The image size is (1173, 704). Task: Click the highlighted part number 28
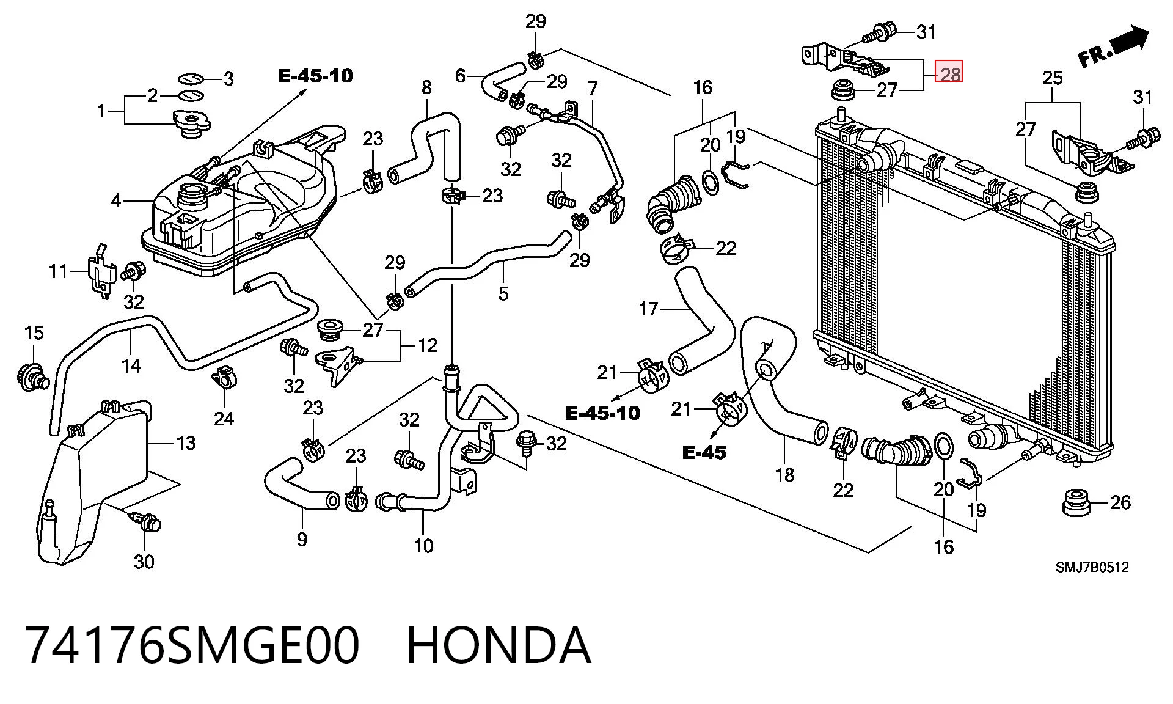pyautogui.click(x=950, y=75)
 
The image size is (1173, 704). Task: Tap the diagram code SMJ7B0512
pyautogui.click(x=1092, y=567)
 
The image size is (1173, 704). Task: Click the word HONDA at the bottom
pyautogui.click(x=499, y=646)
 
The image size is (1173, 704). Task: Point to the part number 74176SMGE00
pyautogui.click(x=192, y=646)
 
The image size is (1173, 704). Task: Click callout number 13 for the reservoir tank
pyautogui.click(x=186, y=442)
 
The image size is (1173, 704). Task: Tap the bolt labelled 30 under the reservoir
pyautogui.click(x=146, y=523)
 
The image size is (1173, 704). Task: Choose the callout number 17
pyautogui.click(x=649, y=309)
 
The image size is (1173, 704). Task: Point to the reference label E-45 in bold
pyautogui.click(x=704, y=453)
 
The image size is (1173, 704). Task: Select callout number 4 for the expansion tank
pyautogui.click(x=116, y=200)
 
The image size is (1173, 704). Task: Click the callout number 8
pyautogui.click(x=426, y=87)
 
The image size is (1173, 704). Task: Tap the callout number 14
pyautogui.click(x=131, y=365)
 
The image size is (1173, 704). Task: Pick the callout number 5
pyautogui.click(x=503, y=293)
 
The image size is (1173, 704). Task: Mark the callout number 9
pyautogui.click(x=302, y=539)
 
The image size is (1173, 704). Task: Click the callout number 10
pyautogui.click(x=423, y=545)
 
